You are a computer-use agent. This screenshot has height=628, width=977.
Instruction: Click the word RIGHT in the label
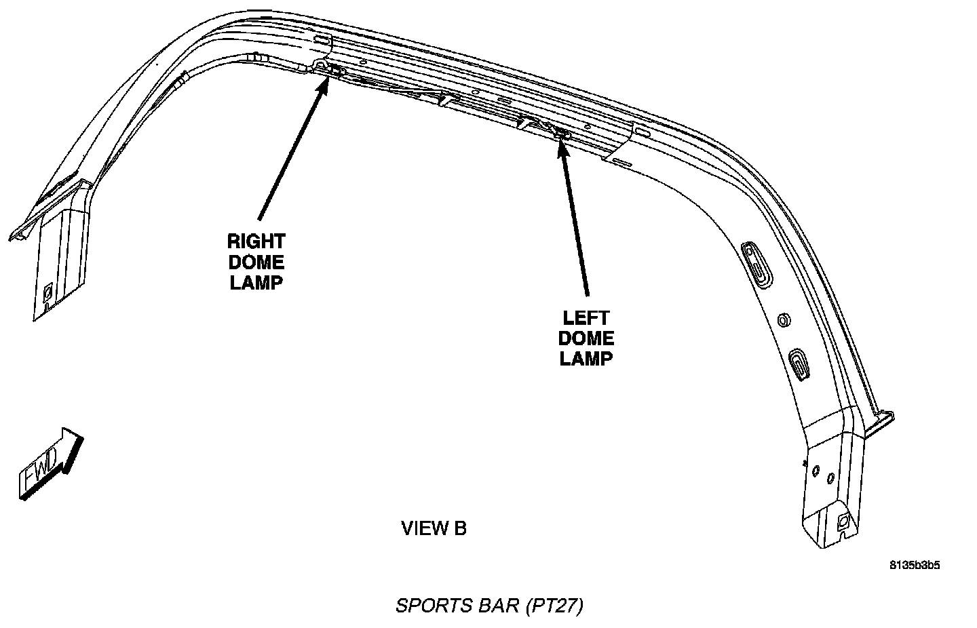[256, 241]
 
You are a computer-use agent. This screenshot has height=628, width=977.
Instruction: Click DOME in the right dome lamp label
[256, 262]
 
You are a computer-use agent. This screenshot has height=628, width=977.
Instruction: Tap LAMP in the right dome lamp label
[256, 283]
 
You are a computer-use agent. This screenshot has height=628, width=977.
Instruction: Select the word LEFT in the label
[586, 317]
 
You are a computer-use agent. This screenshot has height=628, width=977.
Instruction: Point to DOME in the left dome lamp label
[586, 338]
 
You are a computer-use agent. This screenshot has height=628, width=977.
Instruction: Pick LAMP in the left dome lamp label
[586, 359]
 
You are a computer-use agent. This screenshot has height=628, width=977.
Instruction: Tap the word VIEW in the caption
[425, 528]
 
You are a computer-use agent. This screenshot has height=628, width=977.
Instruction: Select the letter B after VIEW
[460, 528]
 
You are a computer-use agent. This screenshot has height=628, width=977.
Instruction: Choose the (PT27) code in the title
[554, 605]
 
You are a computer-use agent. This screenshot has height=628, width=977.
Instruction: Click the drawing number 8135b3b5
[915, 566]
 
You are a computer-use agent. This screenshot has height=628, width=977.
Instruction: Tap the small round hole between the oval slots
[780, 319]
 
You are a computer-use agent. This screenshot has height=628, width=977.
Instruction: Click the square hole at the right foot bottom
[844, 521]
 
